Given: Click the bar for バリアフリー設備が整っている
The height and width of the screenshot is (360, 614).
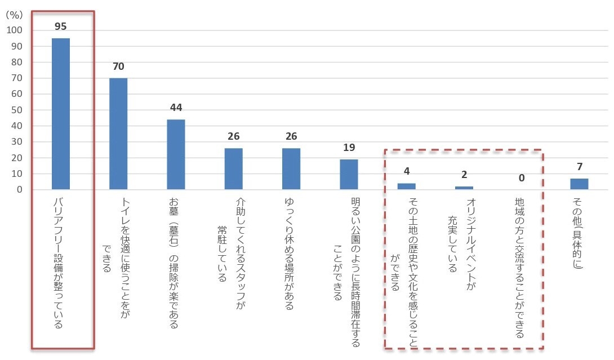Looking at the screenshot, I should coord(61,114).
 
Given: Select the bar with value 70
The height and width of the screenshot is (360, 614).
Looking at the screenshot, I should coord(118,134).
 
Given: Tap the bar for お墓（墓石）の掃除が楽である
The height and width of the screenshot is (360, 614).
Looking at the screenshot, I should coord(176,154).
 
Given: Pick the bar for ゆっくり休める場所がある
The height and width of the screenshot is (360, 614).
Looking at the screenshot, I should coord(291,168).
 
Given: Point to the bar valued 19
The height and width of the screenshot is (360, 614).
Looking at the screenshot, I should coord(349,174).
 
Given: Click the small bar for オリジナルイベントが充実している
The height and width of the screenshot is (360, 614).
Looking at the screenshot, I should coord(464,188).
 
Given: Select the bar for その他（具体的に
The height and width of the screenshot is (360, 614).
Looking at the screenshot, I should coord(579,184).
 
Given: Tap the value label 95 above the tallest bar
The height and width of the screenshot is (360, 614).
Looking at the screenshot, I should coord(61,26).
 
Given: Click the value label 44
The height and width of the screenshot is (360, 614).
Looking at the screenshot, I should coord(176,108).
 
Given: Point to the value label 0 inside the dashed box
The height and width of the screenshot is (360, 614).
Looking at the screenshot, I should coord(522,178).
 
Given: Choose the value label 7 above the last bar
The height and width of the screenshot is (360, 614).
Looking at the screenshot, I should coord(579,167).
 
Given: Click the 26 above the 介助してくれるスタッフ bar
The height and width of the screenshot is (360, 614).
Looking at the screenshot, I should coord(234,136).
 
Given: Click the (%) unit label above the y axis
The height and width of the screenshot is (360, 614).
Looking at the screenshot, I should coord(15,15).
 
